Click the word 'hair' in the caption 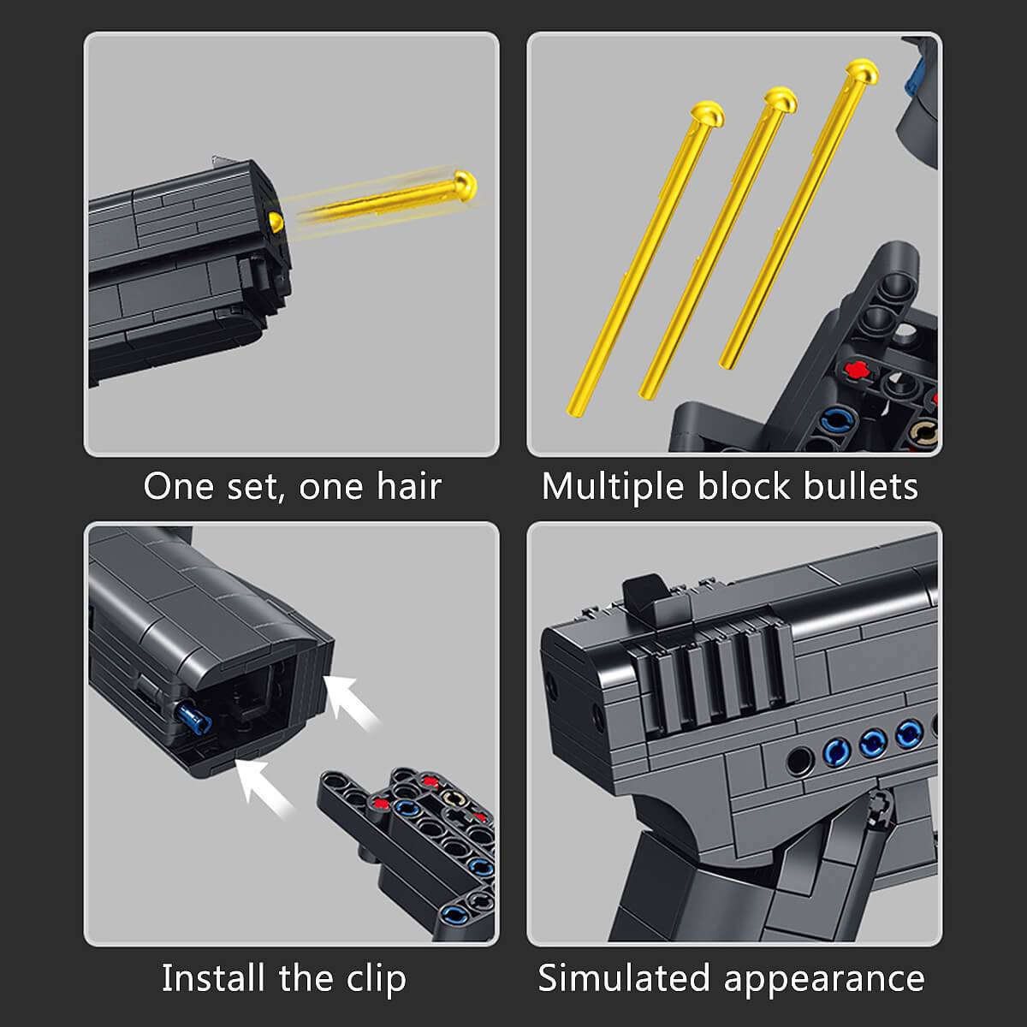click(409, 486)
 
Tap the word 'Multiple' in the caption click(613, 488)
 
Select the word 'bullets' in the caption click(861, 486)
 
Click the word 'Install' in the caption click(213, 978)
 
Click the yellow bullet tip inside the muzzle click(276, 221)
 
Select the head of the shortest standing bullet click(708, 113)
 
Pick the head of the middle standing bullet click(781, 99)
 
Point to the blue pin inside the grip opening click(195, 716)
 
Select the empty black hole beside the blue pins click(799, 760)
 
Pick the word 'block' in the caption click(744, 486)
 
